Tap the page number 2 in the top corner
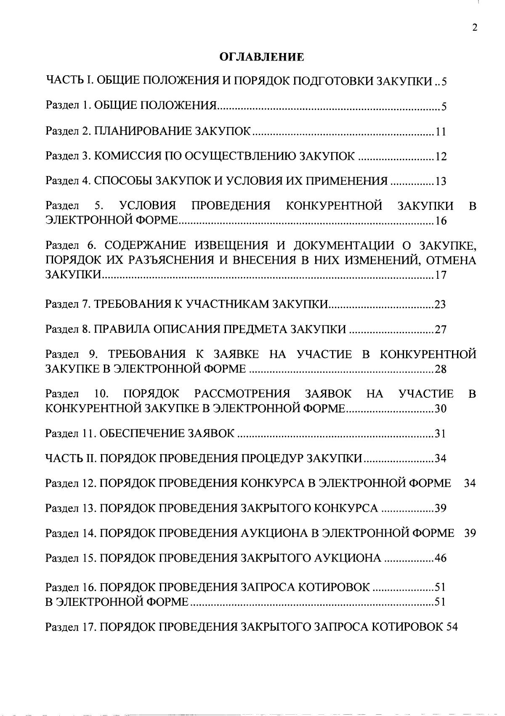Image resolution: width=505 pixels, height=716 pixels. coord(475,28)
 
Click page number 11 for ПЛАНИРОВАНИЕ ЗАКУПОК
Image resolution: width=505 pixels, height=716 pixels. coord(440,132)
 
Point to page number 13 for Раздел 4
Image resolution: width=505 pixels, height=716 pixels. coord(440,182)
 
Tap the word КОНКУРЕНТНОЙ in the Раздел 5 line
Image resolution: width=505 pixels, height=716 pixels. coord(334,206)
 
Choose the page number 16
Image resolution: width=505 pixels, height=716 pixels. coord(440,221)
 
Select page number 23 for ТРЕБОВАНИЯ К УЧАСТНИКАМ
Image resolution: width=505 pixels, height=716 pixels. coord(440,304)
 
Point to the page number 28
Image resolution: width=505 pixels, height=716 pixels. coord(440,370)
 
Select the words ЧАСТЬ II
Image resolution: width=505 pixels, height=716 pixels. coord(71,458)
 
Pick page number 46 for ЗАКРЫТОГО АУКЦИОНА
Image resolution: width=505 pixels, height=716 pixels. coord(440,558)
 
